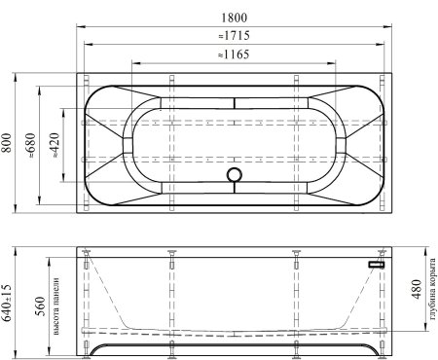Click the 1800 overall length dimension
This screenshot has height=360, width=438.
coord(234,18)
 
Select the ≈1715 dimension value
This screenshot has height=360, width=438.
coord(234,35)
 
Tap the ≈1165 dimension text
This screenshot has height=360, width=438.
coord(234,54)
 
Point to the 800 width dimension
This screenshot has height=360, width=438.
coord(6,143)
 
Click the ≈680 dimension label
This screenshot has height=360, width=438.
coord(31,145)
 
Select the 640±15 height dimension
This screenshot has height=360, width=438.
coord(6,303)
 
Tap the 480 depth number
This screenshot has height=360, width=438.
coord(417,289)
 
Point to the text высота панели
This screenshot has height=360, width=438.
coord(55,306)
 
